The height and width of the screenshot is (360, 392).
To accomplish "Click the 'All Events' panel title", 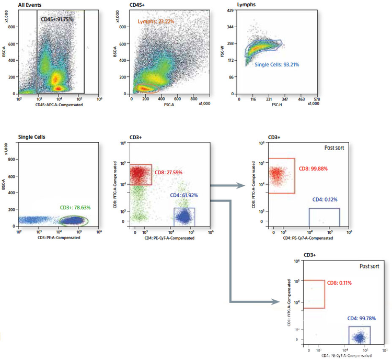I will (29, 5).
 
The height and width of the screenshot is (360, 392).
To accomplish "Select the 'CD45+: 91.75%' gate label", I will (57, 20).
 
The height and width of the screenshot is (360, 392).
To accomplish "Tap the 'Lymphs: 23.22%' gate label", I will (156, 21).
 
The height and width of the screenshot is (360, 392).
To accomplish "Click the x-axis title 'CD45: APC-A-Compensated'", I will (52, 105).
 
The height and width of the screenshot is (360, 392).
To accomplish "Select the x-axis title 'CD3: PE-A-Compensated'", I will (52, 238).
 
